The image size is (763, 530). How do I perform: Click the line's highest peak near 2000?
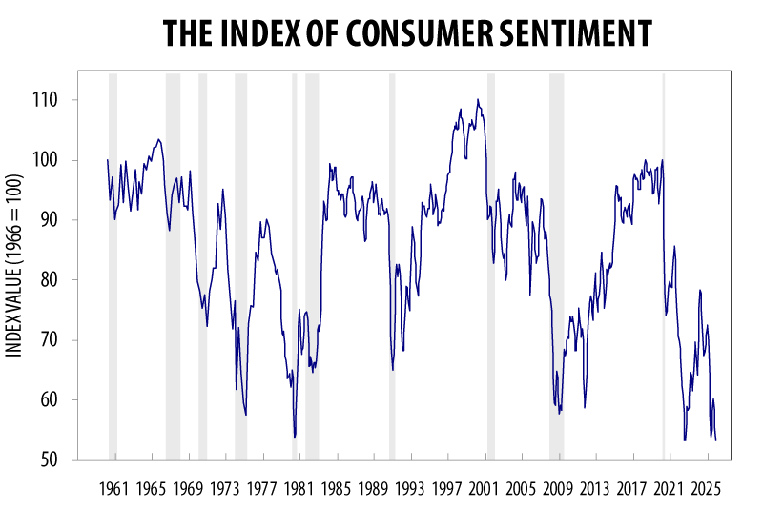click(x=478, y=99)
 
